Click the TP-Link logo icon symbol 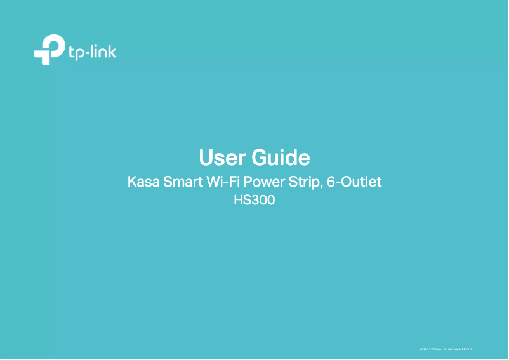pyautogui.click(x=49, y=50)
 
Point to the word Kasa pyautogui.click(x=143, y=183)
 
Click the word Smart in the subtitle pyautogui.click(x=183, y=183)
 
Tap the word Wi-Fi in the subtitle pyautogui.click(x=222, y=183)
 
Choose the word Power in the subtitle pyautogui.click(x=263, y=183)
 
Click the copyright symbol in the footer pyautogui.click(x=421, y=349)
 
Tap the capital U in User pyautogui.click(x=206, y=157)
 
